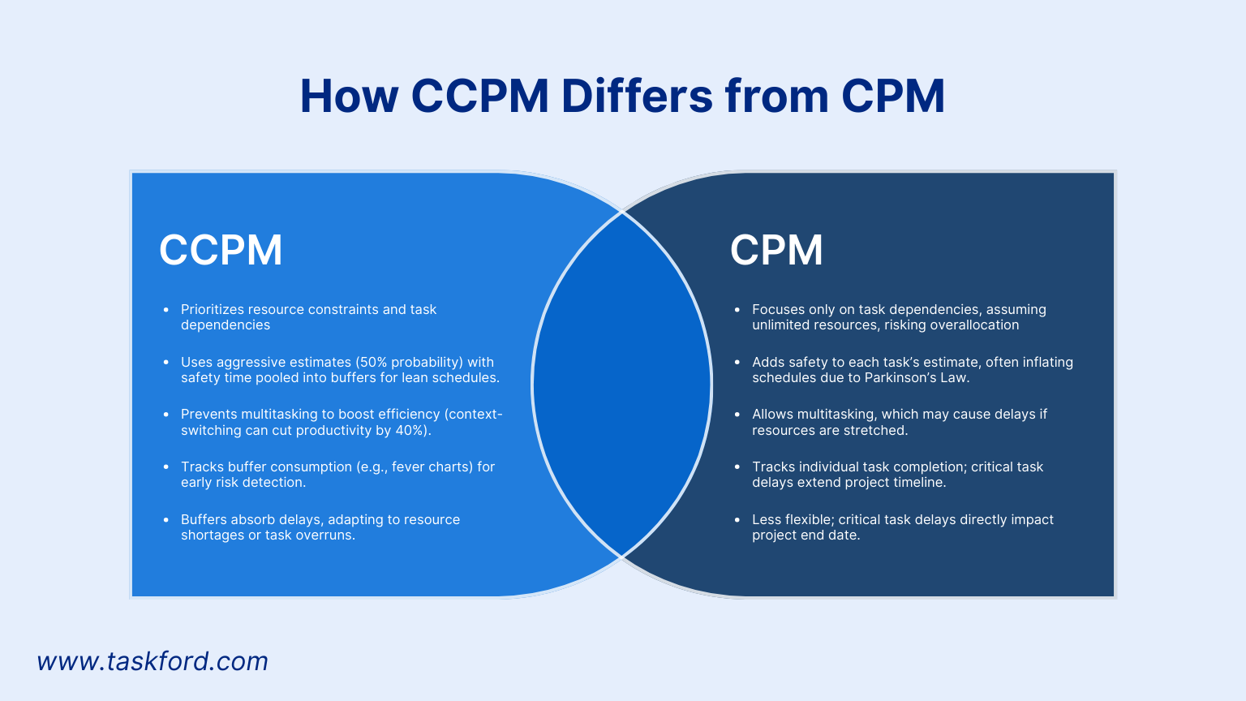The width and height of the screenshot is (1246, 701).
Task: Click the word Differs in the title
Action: click(636, 96)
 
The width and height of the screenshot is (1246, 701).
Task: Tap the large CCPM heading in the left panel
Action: click(221, 250)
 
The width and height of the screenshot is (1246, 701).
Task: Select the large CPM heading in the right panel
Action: click(776, 250)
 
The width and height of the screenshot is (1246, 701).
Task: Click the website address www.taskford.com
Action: click(153, 661)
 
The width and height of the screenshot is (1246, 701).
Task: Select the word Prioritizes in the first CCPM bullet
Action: click(212, 309)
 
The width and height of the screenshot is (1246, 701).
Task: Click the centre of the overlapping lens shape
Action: click(622, 384)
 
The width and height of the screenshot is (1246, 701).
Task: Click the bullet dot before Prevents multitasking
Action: click(165, 415)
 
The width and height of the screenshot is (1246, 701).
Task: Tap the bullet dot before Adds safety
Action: click(737, 362)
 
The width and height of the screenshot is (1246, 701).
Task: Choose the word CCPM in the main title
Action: click(480, 96)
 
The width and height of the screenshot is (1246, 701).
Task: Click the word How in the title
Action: click(350, 96)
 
